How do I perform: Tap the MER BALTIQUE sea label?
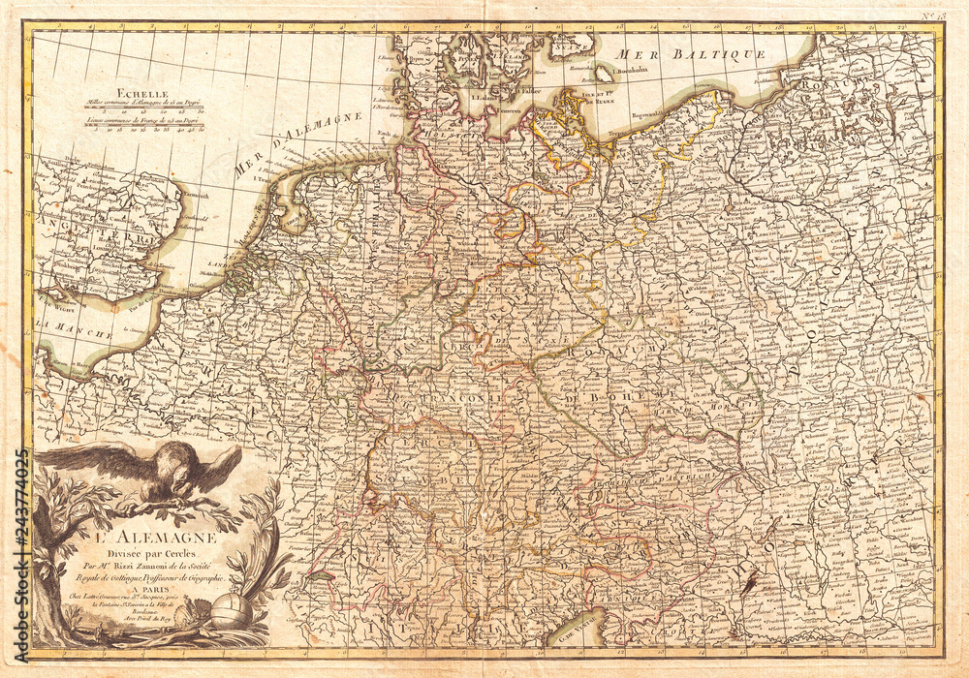(693, 53)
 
